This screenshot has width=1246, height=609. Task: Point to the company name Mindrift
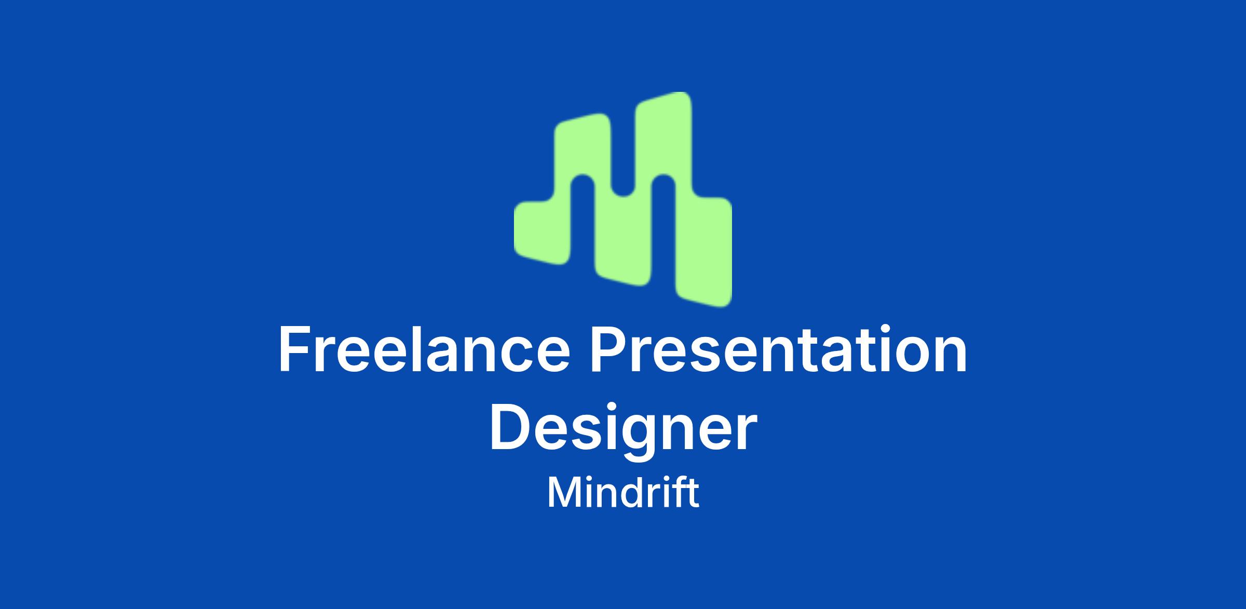click(x=623, y=493)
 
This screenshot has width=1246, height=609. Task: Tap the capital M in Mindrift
click(x=563, y=492)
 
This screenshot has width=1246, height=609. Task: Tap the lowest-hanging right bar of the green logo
click(x=703, y=249)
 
